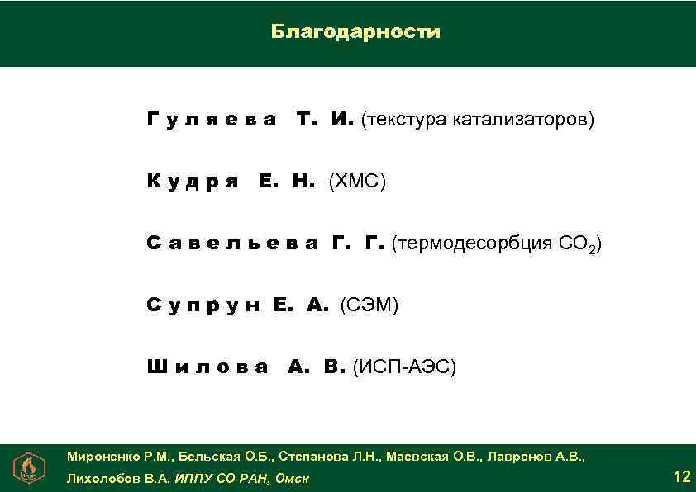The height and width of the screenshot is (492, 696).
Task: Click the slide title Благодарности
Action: (x=355, y=32)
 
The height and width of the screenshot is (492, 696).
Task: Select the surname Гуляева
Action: (x=212, y=121)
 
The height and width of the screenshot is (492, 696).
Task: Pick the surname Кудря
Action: (x=193, y=182)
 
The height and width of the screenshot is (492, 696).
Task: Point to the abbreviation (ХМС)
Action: (x=357, y=182)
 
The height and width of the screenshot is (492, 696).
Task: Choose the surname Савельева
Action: (x=232, y=244)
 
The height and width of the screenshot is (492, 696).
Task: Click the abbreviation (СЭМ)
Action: (x=369, y=305)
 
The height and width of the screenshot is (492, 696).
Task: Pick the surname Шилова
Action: (x=207, y=367)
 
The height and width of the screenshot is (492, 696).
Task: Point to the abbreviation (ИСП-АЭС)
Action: (x=404, y=367)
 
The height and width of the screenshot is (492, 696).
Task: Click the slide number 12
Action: (x=682, y=476)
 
